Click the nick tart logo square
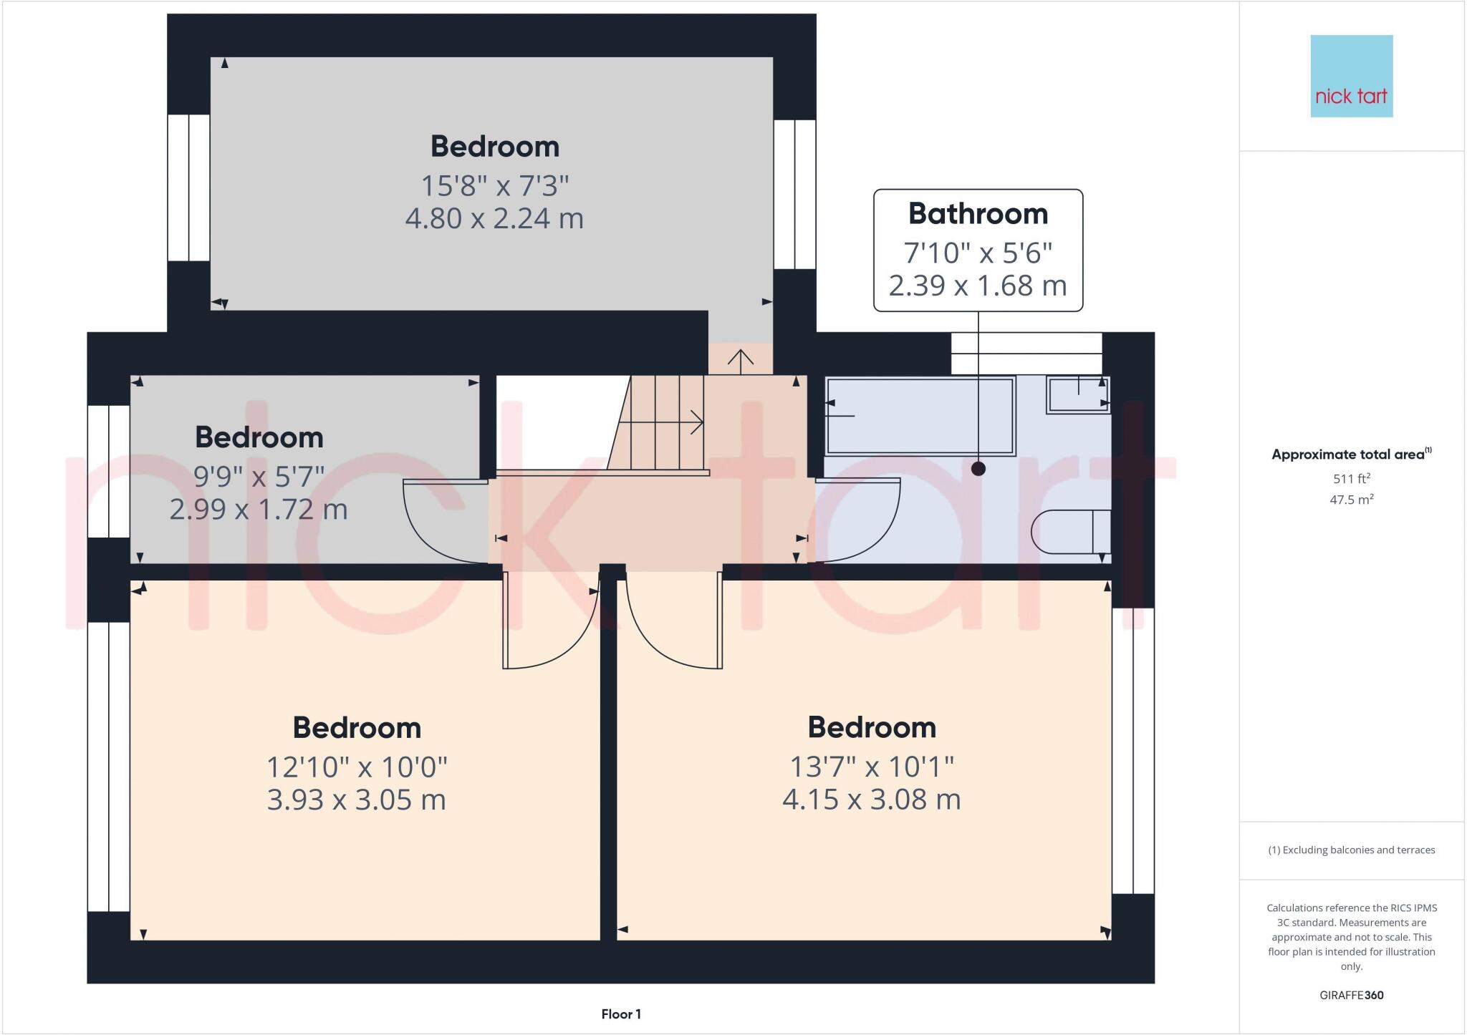coord(1351,76)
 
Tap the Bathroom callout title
coord(978,214)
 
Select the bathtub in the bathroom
coord(920,416)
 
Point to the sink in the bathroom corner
coord(1077,394)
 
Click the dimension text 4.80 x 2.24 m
coord(494,218)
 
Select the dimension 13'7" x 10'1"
coord(871,767)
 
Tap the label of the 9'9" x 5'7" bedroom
coord(259,437)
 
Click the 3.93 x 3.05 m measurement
coord(356,800)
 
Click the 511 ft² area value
coord(1351,479)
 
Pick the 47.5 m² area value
coord(1351,500)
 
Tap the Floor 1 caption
coord(621,1014)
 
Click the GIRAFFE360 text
coord(1351,995)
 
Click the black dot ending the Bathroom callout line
coord(978,469)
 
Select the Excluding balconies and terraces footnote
coord(1351,850)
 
